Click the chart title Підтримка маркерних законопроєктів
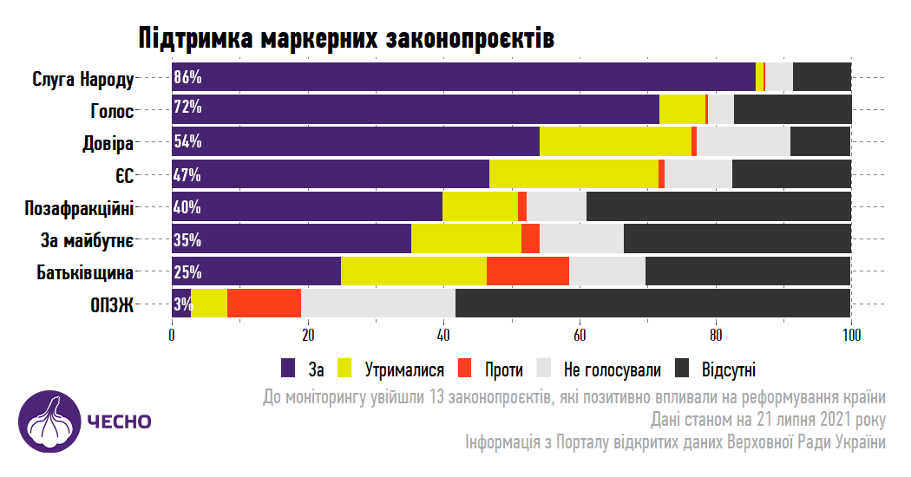[345, 38]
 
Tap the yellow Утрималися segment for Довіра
[615, 141]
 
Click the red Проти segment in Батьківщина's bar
[528, 271]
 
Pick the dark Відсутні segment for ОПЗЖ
[652, 304]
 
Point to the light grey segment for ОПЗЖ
[377, 304]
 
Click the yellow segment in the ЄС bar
[573, 173]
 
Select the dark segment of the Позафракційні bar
[718, 206]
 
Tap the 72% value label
[187, 108]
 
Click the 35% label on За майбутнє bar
[187, 239]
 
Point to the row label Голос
[112, 111]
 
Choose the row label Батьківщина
[85, 273]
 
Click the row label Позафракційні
[80, 208]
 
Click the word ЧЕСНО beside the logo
[119, 422]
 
